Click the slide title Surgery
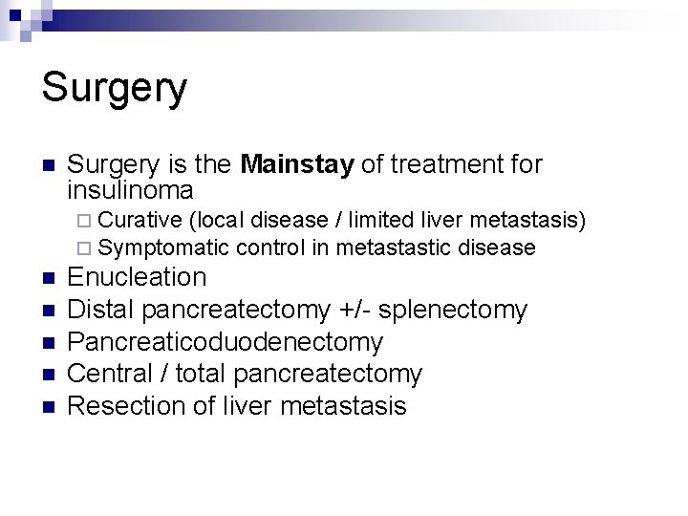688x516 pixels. [115, 89]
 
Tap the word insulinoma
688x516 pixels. [131, 190]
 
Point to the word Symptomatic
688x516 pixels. [163, 248]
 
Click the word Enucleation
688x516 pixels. [138, 278]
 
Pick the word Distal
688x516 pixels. [103, 310]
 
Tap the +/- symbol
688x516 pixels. [361, 310]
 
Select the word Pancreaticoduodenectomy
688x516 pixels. [226, 342]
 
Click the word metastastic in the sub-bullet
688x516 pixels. [394, 248]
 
